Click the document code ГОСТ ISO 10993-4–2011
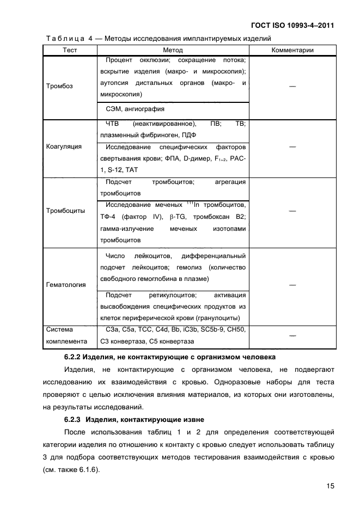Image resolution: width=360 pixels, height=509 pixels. tap(292, 25)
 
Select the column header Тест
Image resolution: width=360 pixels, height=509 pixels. tap(70, 50)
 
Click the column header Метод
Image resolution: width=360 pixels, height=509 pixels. tap(173, 50)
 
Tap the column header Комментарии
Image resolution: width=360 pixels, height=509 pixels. tap(292, 50)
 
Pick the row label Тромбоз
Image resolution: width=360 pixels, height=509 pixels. tap(59, 86)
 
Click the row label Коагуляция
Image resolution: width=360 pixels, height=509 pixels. tap(64, 146)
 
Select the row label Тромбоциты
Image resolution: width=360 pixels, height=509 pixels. tap(65, 211)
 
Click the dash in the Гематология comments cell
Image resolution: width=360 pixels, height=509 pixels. tap(292, 284)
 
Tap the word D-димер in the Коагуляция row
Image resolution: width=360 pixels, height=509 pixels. tap(195, 158)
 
